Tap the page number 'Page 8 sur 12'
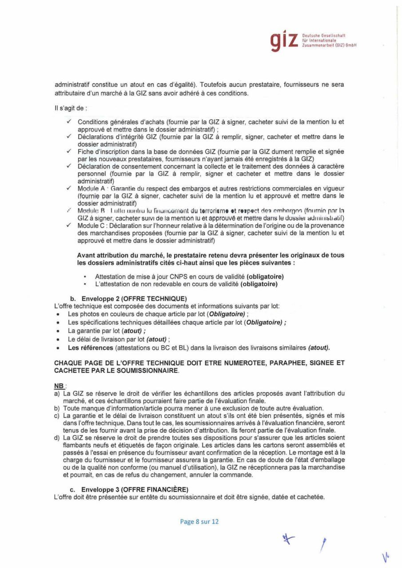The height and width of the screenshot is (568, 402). tap(199, 522)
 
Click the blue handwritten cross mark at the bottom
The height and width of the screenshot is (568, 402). tap(290, 540)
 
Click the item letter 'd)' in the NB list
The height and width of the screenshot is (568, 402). tap(57, 438)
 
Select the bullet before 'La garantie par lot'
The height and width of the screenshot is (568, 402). tap(59, 331)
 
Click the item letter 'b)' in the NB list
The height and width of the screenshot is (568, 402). tap(57, 408)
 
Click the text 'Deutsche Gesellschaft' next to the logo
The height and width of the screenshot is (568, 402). tap(323, 35)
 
